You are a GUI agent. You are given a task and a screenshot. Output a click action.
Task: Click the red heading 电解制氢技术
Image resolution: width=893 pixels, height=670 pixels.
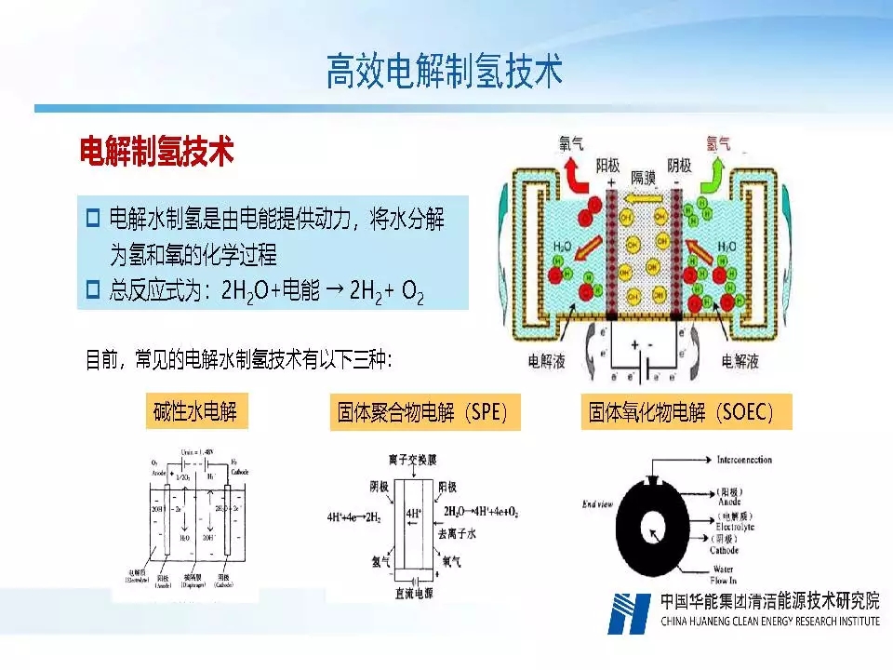point(155,152)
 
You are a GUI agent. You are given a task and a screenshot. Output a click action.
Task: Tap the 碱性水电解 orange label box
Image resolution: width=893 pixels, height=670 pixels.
point(197,410)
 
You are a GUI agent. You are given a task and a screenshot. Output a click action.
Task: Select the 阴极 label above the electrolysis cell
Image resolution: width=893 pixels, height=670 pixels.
point(679,166)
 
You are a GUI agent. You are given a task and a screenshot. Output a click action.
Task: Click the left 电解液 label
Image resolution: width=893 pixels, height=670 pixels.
point(546,359)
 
